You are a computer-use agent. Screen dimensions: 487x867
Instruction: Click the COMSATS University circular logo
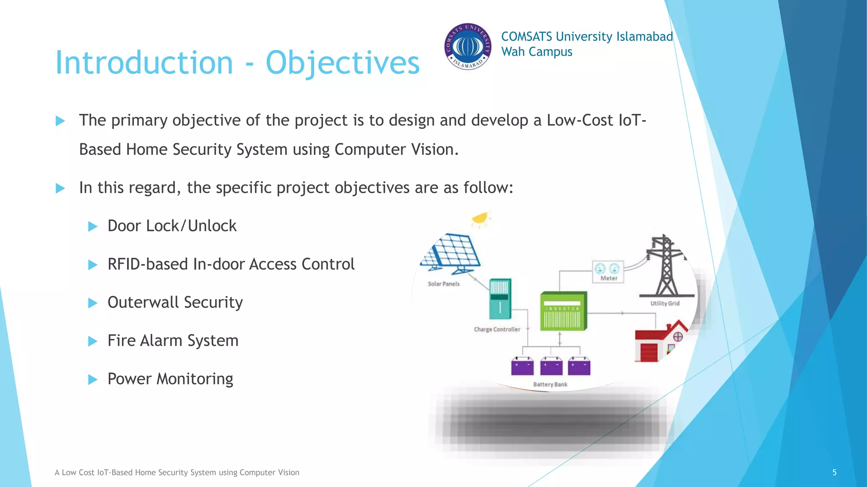tap(468, 47)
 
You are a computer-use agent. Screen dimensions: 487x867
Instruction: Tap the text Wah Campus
tap(536, 52)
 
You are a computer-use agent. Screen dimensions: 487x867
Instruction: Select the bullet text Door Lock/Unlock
tap(172, 226)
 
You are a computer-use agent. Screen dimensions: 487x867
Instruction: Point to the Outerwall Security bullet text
tap(175, 302)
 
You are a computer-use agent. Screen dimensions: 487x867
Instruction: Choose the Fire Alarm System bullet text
tap(173, 341)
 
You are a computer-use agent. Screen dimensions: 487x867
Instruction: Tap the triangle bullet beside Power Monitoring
tap(93, 379)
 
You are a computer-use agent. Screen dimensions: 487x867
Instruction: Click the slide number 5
tap(834, 472)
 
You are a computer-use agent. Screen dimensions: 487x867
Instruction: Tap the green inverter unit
tap(563, 311)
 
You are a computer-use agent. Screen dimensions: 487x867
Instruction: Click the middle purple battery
tap(551, 366)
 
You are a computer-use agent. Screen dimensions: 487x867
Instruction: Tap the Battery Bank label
tap(550, 384)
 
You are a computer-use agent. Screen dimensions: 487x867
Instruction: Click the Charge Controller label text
tap(497, 329)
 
